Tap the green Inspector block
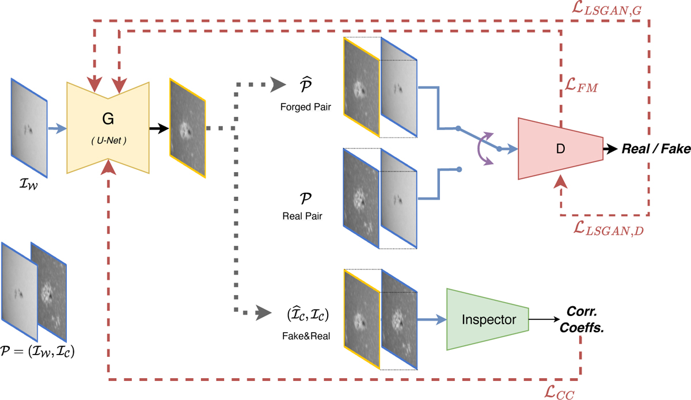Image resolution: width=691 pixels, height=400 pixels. (x=489, y=319)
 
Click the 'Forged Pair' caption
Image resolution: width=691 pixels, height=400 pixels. (x=306, y=106)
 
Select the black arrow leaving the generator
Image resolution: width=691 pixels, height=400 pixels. (x=157, y=129)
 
